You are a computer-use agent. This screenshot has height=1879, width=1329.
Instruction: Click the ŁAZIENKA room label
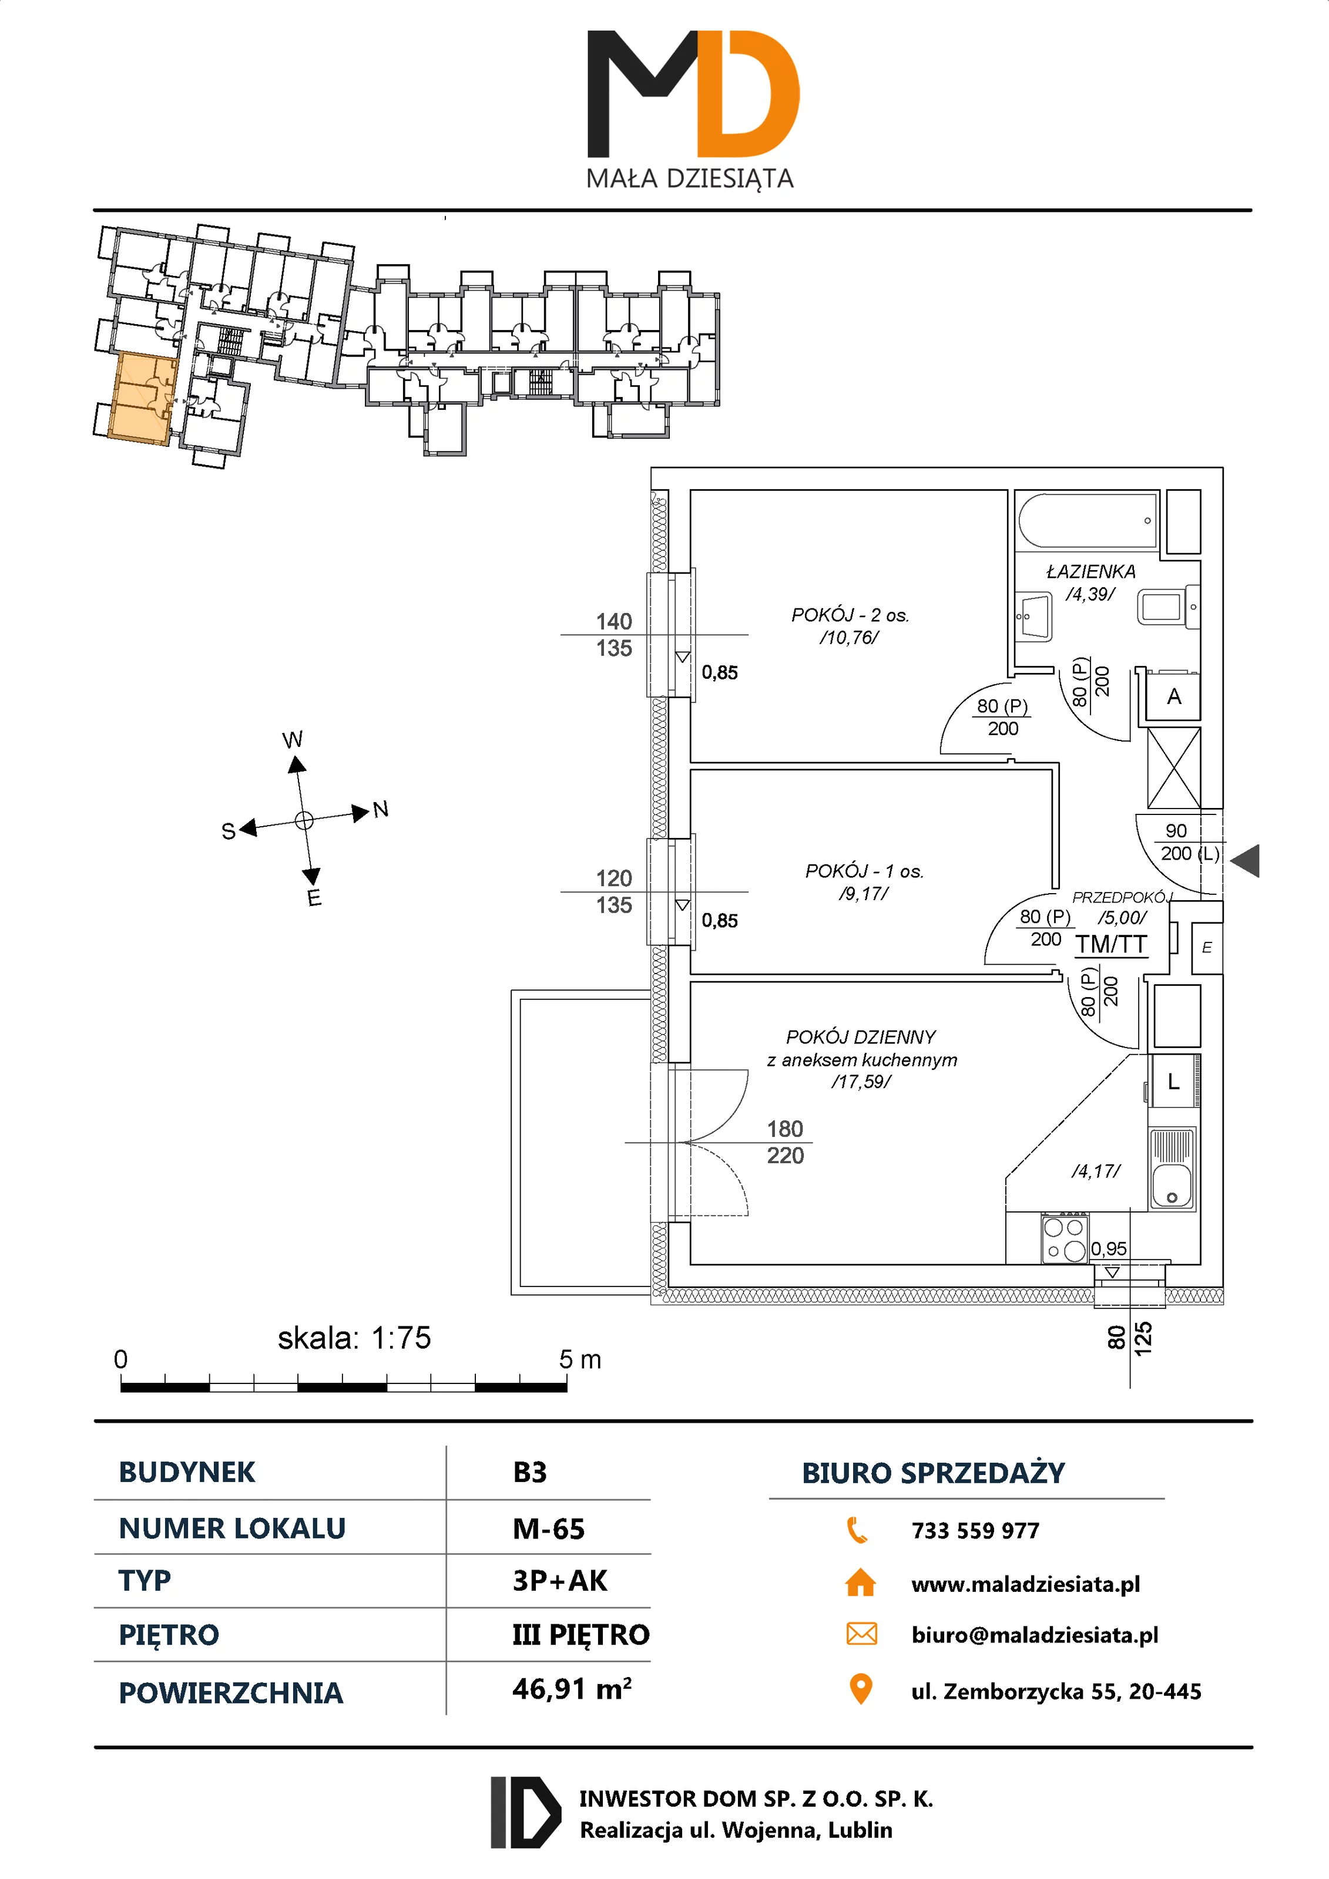point(1090,571)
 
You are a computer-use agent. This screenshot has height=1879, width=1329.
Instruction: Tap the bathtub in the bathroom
point(1088,520)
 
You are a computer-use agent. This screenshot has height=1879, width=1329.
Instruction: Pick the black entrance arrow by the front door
point(1246,861)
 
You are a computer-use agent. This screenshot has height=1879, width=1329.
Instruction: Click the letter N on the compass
point(380,809)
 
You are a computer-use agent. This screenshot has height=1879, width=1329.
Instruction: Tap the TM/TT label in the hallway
point(1110,944)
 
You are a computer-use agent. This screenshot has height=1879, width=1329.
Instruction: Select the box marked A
point(1173,696)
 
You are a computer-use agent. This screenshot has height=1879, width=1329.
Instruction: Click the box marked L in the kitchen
point(1173,1082)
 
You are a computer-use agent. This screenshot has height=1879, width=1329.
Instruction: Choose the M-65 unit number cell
point(549,1528)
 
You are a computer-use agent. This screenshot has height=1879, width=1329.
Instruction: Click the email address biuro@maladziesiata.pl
point(1034,1635)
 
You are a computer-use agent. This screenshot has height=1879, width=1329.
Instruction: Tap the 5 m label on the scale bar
point(580,1360)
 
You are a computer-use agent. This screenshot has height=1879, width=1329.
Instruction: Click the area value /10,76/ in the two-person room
point(848,638)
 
